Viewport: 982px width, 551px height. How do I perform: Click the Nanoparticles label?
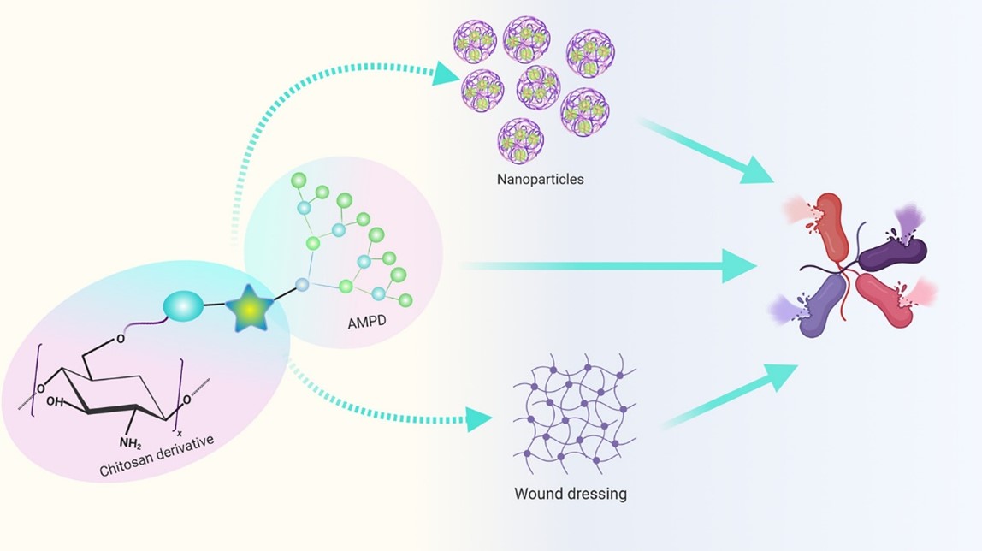point(540,181)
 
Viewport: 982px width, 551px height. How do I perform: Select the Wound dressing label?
point(571,494)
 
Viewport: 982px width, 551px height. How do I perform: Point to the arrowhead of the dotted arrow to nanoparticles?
point(446,74)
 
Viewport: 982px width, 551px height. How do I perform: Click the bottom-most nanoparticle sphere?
point(521,140)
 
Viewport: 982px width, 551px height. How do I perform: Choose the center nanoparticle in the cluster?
point(538,87)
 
